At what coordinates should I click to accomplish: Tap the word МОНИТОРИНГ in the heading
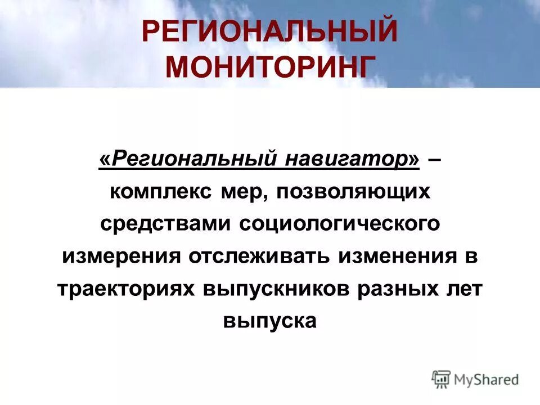point(269,66)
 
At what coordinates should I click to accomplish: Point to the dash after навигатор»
point(434,160)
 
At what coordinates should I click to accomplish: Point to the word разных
point(398,288)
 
